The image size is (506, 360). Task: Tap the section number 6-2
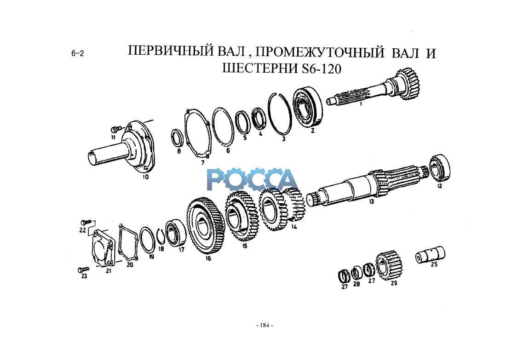[77, 53]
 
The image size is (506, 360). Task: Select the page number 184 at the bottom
[264, 326]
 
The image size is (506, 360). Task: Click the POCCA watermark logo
[252, 179]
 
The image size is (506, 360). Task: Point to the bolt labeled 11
[115, 129]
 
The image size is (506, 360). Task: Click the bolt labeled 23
[83, 269]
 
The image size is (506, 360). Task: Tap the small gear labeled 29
[388, 265]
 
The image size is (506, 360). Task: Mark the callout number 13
[371, 201]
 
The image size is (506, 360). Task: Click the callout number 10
[145, 177]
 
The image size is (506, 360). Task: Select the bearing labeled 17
[176, 233]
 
